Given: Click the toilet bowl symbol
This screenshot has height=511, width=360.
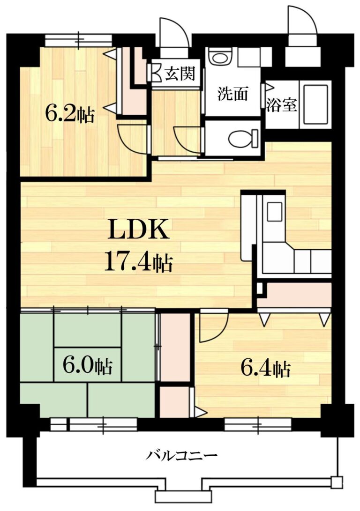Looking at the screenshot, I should point(243,138).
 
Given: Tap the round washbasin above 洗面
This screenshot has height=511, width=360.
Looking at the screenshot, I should point(217,59).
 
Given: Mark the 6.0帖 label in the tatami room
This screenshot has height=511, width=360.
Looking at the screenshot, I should point(88,365).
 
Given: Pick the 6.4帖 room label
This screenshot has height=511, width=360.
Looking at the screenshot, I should point(265,369).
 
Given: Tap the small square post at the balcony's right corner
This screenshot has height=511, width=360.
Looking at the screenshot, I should point(336,481).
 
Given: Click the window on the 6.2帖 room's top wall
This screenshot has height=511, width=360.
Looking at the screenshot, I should point(78,40).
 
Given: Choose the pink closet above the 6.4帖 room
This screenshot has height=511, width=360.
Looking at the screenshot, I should point(294,295).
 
